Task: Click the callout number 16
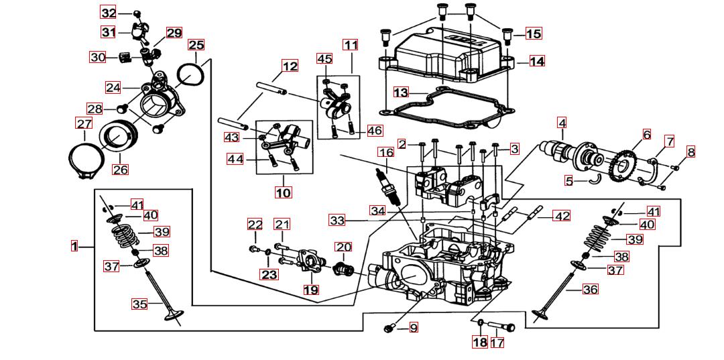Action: (x=385, y=152)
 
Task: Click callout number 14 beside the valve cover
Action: (x=536, y=61)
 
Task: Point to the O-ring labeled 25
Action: (x=191, y=74)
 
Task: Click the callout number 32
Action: (x=109, y=13)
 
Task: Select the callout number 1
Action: (x=75, y=246)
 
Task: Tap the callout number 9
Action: (x=414, y=328)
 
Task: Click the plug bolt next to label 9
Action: (x=389, y=328)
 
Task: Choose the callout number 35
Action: (x=139, y=304)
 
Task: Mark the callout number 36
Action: (x=591, y=290)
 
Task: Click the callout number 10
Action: (x=283, y=192)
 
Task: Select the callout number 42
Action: (x=562, y=216)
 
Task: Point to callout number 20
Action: (x=343, y=247)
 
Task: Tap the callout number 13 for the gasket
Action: (x=401, y=92)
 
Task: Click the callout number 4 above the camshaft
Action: (x=562, y=123)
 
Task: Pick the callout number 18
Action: (x=479, y=343)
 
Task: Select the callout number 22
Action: (x=255, y=224)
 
